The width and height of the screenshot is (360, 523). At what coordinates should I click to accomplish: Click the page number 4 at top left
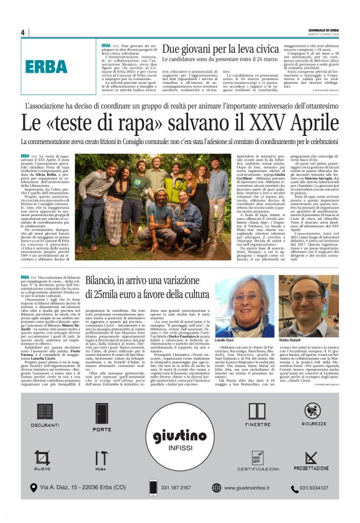(23, 32)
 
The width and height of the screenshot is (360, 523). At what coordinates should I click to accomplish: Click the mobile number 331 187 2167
(182, 488)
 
